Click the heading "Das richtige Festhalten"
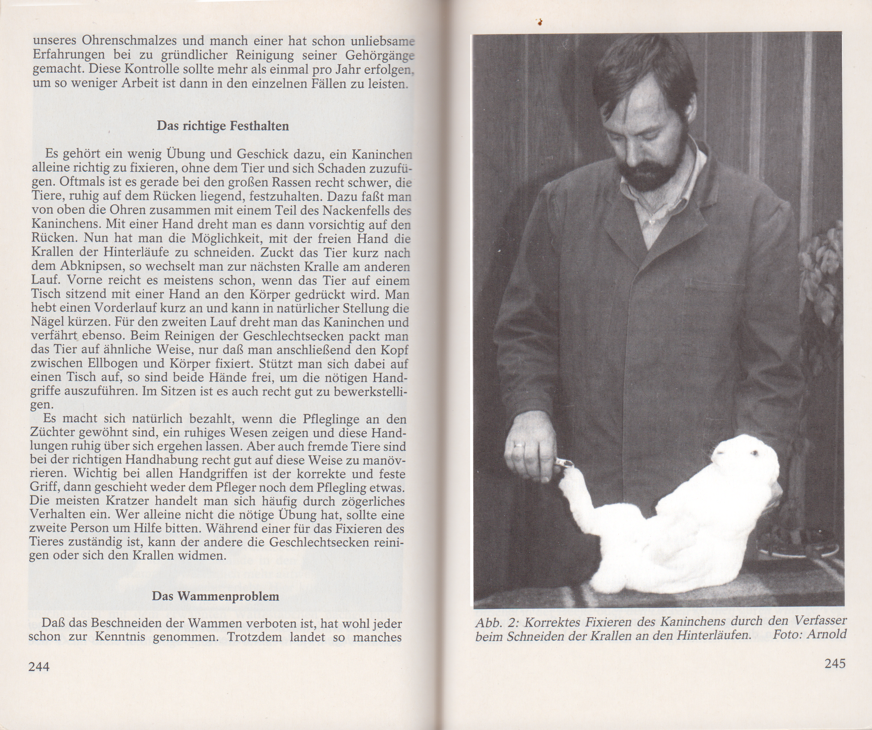pos(223,126)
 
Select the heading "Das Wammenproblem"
pos(215,596)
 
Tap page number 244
pos(38,667)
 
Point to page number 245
pos(835,663)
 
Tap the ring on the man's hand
pos(520,445)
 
